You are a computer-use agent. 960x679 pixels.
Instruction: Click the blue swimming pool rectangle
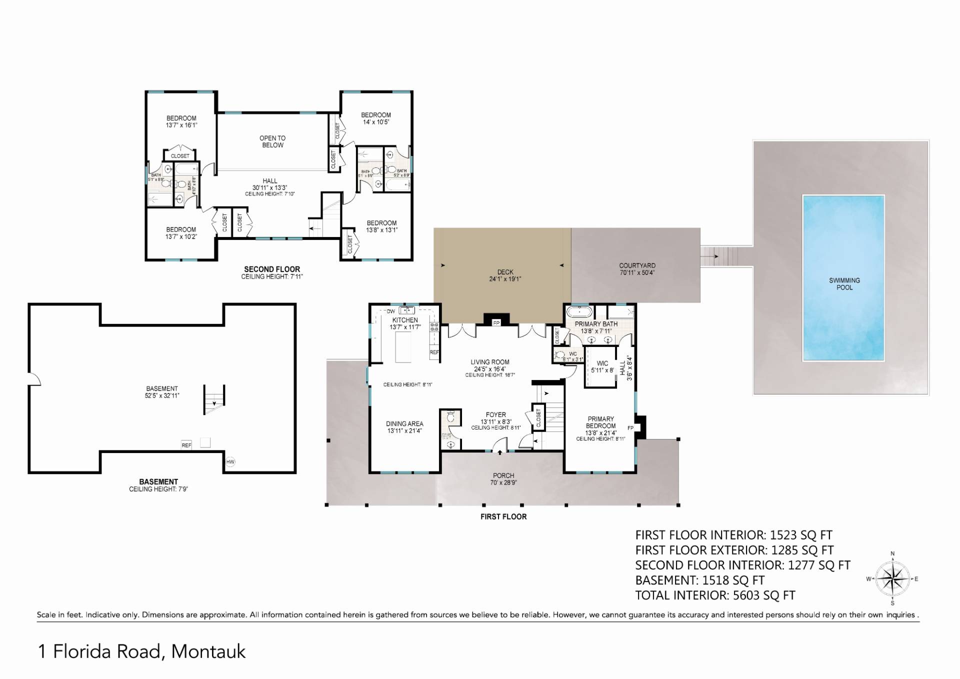tap(843, 277)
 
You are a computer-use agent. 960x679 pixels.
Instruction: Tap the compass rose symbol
tap(892, 579)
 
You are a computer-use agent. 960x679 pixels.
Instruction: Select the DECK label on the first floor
tap(505, 272)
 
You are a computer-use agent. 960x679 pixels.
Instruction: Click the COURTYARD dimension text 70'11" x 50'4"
tap(636, 273)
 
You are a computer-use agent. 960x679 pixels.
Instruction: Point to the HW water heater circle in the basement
tap(230, 461)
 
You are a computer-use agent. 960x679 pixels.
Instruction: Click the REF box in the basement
tap(186, 445)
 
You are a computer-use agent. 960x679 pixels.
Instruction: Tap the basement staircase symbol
tap(214, 399)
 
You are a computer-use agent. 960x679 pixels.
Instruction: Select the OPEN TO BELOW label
tap(272, 141)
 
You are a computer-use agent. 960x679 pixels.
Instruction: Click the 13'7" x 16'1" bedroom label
tap(181, 122)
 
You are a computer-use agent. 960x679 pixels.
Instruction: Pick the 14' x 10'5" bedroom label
tap(376, 118)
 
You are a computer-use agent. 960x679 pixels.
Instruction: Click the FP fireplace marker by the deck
tap(496, 323)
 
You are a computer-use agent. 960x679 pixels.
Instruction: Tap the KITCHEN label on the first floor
tap(405, 320)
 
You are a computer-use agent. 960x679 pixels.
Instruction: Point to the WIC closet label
tap(602, 363)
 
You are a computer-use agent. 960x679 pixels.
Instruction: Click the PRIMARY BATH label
tap(596, 324)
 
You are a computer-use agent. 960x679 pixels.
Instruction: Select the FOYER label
tap(495, 414)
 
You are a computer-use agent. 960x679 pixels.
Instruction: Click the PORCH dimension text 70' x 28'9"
tap(503, 483)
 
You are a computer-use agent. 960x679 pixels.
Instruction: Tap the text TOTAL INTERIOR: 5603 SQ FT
tap(715, 595)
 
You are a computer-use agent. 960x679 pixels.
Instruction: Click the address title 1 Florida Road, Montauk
tap(142, 651)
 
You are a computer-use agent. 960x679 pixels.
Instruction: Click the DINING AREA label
tap(404, 423)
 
